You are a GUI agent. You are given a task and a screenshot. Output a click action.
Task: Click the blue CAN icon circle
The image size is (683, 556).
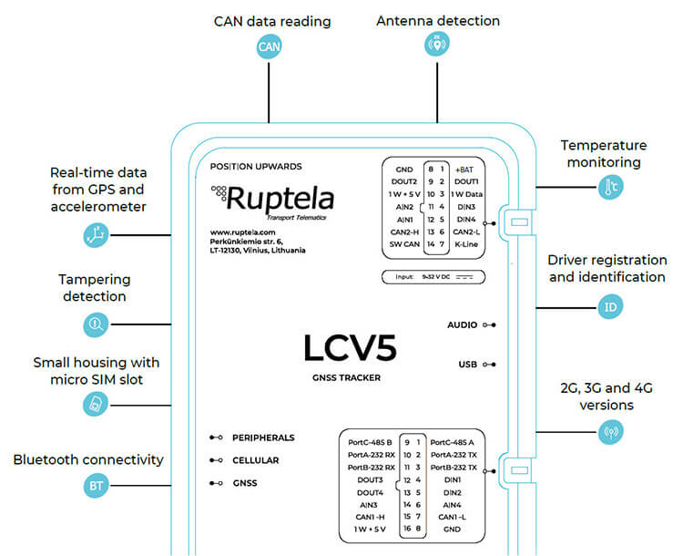point(269,46)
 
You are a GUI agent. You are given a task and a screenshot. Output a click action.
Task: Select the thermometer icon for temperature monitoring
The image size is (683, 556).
point(610,189)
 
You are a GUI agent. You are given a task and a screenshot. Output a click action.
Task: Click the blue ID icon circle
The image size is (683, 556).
point(610,307)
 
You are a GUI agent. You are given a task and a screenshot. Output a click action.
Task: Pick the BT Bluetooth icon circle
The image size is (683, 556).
point(96,486)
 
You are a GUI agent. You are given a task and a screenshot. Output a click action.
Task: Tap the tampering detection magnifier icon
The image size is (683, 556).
point(96,324)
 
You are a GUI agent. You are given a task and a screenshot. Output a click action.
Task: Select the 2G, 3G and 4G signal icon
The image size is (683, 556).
point(610,431)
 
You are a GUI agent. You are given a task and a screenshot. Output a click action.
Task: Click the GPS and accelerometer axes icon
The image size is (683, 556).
point(96,236)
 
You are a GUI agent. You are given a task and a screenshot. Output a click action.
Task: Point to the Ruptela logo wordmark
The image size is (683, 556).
point(280,199)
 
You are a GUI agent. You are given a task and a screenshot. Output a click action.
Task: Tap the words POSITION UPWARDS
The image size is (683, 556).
point(256,167)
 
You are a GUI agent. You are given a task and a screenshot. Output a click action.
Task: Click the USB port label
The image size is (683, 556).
point(468,365)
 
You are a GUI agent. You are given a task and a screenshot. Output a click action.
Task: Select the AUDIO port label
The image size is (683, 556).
point(463,324)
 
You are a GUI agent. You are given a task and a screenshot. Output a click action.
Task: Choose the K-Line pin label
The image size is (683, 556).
point(466,244)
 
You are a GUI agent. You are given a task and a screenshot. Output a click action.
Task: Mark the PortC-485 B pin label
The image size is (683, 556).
point(370,441)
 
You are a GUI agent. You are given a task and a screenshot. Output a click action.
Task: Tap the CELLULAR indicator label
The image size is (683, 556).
point(255,460)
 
